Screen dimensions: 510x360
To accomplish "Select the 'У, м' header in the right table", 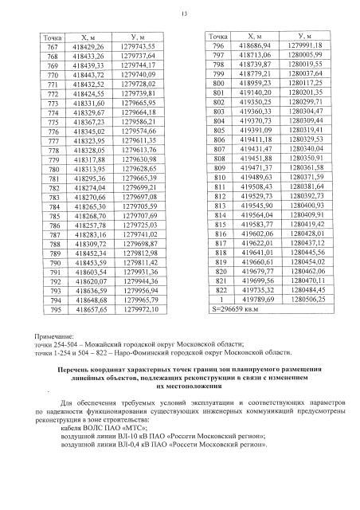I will coord(303,37).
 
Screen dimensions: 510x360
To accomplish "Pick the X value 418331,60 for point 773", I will coord(95,104).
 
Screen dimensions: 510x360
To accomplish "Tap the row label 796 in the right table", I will coord(217,46).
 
